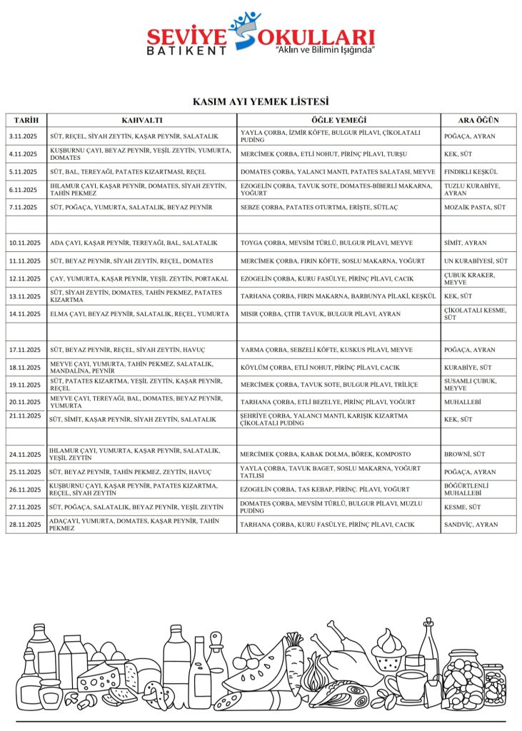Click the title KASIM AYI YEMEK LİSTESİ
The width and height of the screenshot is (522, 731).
(x=261, y=102)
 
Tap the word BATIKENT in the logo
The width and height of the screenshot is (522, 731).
(x=186, y=51)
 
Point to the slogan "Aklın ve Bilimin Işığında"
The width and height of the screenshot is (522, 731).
(x=325, y=51)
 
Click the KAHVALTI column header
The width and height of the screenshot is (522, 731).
(x=142, y=119)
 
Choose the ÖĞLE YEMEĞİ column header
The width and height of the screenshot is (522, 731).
(x=338, y=119)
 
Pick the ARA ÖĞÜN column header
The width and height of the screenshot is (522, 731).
(x=478, y=119)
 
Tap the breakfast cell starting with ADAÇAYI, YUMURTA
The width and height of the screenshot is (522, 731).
(x=142, y=525)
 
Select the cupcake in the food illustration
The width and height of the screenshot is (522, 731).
(x=388, y=650)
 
